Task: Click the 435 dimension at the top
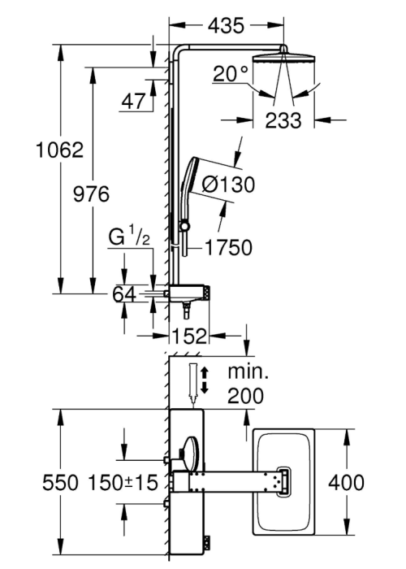pyautogui.click(x=227, y=26)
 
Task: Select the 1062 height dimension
pyautogui.click(x=60, y=150)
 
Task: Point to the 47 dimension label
pyautogui.click(x=133, y=102)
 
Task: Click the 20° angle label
pyautogui.click(x=231, y=74)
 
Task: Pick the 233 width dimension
pyautogui.click(x=283, y=120)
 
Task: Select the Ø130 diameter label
pyautogui.click(x=228, y=185)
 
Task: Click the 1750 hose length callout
pyautogui.click(x=229, y=247)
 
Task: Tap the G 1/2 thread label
pyautogui.click(x=129, y=237)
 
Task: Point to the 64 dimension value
pyautogui.click(x=124, y=294)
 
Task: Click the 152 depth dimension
pyautogui.click(x=189, y=336)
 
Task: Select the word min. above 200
pyautogui.click(x=248, y=372)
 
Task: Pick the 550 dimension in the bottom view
pyautogui.click(x=60, y=483)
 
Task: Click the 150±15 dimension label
pyautogui.click(x=123, y=483)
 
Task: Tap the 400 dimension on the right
pyautogui.click(x=346, y=483)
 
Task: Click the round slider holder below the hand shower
pyautogui.click(x=185, y=226)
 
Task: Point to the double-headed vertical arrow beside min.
pyautogui.click(x=204, y=380)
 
